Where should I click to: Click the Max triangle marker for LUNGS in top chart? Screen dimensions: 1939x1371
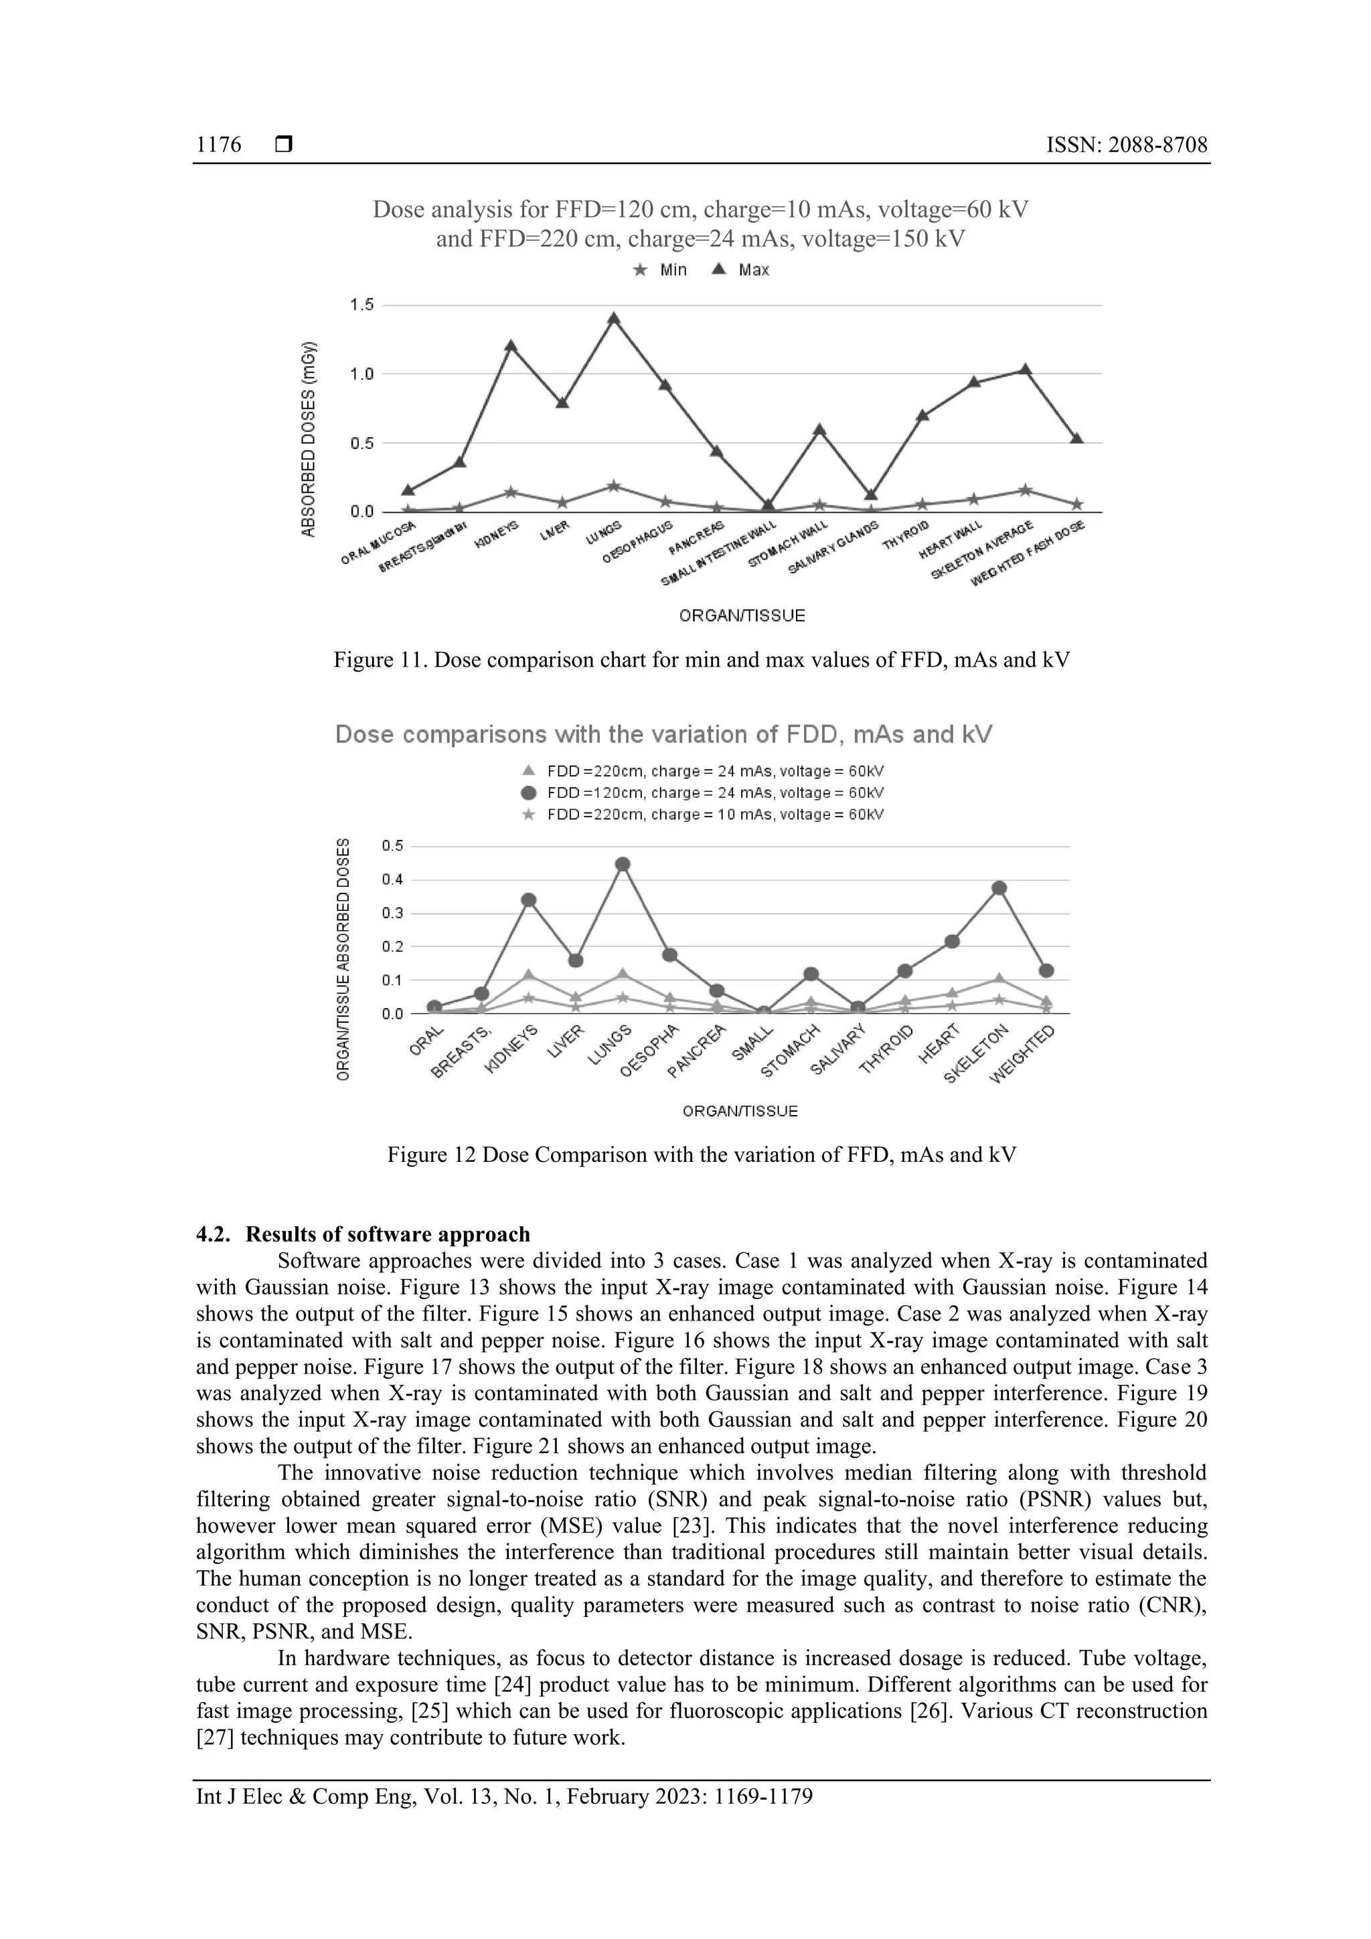pos(614,319)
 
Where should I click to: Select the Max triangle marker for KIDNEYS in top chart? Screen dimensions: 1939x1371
pos(511,346)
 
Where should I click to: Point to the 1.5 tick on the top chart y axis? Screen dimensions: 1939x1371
pos(361,305)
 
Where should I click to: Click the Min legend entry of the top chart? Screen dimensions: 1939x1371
pos(661,270)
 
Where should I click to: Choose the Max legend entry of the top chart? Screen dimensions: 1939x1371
pos(741,270)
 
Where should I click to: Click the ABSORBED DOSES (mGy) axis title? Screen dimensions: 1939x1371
pos(309,438)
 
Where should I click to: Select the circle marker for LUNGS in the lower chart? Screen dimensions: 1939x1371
pos(623,864)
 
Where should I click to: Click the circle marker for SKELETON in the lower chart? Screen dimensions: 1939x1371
pos(999,888)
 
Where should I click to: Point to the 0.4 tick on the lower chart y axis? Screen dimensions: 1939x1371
pos(392,879)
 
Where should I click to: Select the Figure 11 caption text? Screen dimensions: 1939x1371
pos(701,659)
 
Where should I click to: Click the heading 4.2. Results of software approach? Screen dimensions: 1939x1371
pos(364,1234)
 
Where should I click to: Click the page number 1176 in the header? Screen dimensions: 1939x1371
pos(218,145)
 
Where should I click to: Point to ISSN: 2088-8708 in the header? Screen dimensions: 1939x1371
pos(1126,145)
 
